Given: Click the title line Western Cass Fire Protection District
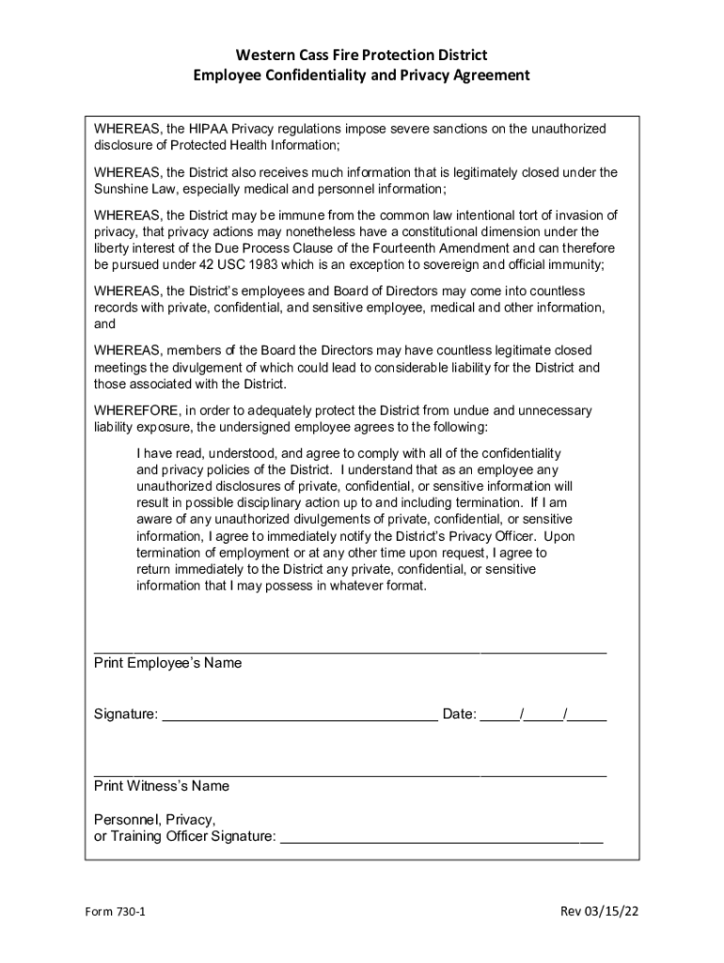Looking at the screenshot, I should click(x=361, y=55).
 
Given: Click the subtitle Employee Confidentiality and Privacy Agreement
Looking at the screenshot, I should click(x=361, y=75).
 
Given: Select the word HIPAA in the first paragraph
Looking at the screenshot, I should click(x=209, y=129).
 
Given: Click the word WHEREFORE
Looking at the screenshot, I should click(x=136, y=411).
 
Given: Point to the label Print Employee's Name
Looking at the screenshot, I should click(x=167, y=663).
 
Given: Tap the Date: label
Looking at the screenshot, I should click(x=460, y=715).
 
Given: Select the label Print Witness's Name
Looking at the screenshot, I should click(x=161, y=785).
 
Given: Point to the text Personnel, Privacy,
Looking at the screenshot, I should click(x=154, y=819).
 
